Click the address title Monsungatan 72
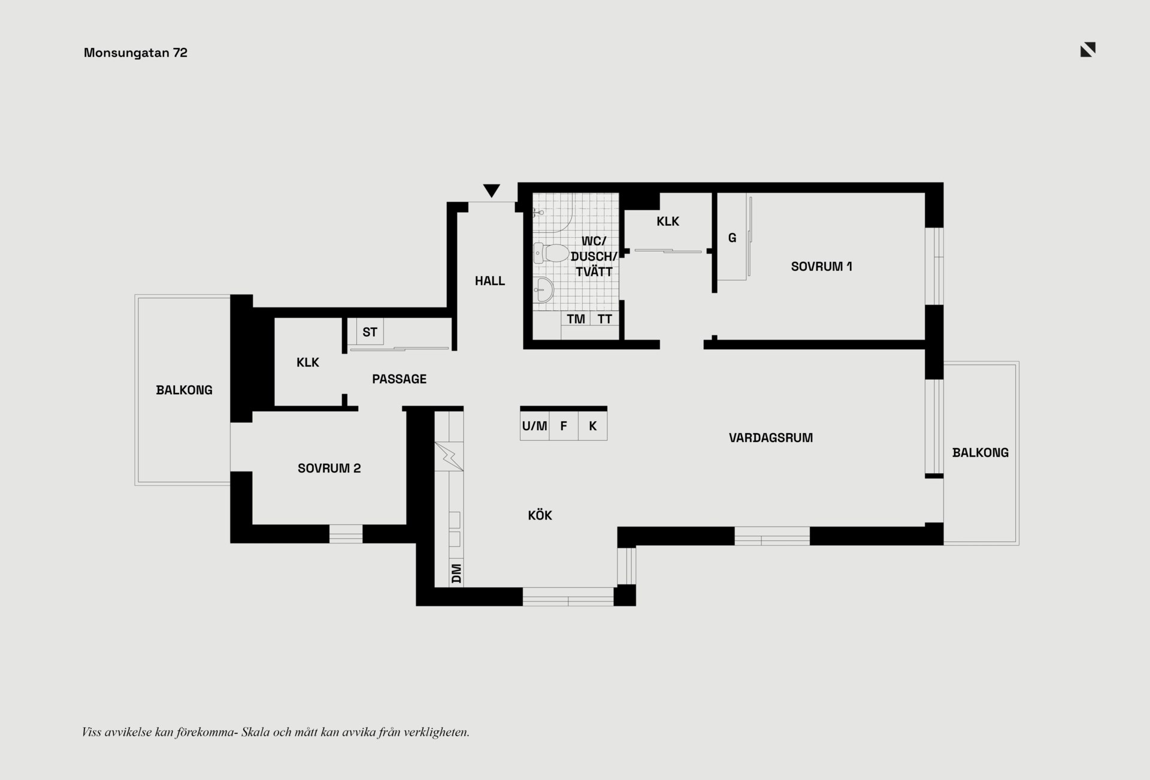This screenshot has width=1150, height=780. pos(135,53)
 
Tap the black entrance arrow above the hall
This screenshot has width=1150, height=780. pos(492,191)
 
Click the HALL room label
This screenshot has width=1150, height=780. pos(490,281)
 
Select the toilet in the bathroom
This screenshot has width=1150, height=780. pos(551,253)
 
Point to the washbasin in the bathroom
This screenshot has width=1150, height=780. pos(544,291)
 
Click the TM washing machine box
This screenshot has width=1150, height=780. pos(576,319)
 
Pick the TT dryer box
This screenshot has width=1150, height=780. pos(605,319)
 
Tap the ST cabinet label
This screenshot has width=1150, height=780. pos(370,332)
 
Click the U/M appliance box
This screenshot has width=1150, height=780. pos(534,426)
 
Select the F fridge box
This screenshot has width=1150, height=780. pos(564,426)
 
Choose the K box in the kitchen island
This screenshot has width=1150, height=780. pos(593,426)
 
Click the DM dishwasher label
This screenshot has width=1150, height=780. pos(456,573)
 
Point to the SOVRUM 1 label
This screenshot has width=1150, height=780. pos(821,267)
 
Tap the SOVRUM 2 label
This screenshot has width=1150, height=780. pos(329,468)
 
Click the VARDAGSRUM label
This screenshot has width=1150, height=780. pos(771,438)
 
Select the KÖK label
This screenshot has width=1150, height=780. pos(540,515)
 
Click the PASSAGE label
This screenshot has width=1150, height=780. pos(400,379)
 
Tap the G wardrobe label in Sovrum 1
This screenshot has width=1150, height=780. pos(732,238)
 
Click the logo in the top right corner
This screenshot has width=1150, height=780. pos(1088,50)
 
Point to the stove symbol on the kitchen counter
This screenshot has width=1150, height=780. pos(449,456)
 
